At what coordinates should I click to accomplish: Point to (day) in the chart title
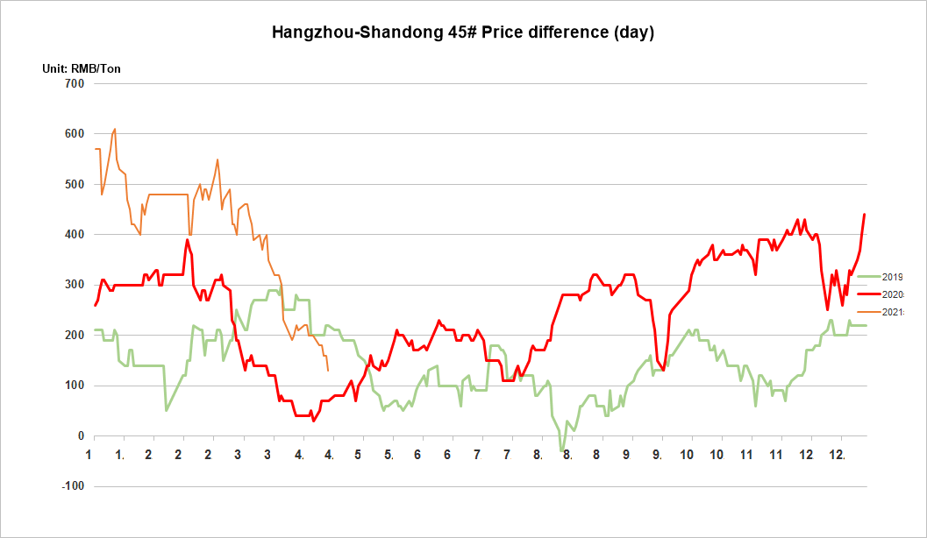tap(634, 32)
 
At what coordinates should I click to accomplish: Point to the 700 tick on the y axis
tap(74, 84)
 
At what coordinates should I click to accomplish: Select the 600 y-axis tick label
tap(74, 134)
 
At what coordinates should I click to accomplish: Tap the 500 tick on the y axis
tap(74, 185)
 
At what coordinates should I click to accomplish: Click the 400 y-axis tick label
tap(74, 235)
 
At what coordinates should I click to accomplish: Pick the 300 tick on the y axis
tap(74, 285)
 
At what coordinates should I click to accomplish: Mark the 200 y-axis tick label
tap(74, 336)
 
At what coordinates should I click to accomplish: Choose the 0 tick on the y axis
tap(80, 436)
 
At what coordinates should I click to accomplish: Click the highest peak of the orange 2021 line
tap(115, 129)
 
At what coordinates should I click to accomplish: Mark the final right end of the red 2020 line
tap(865, 214)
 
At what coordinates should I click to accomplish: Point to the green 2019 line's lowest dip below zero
tap(561, 451)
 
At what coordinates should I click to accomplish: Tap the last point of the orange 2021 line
tap(328, 371)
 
